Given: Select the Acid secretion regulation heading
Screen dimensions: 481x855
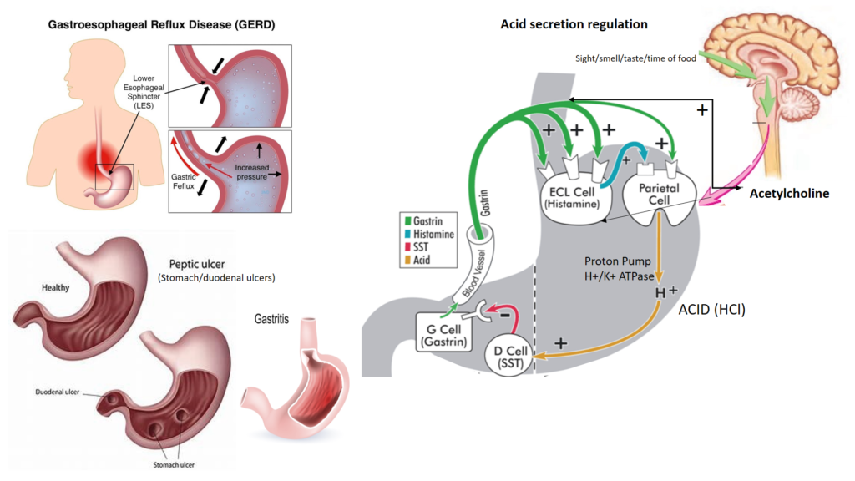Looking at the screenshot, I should click(574, 24).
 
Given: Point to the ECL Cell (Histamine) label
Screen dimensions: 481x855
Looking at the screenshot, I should click(573, 196).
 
